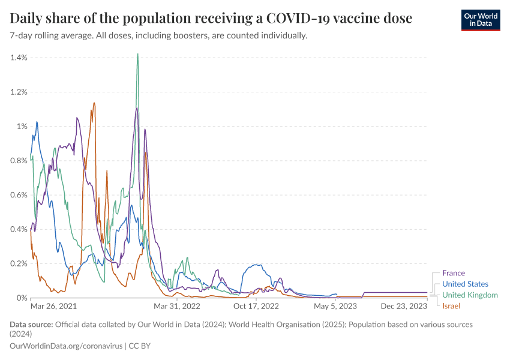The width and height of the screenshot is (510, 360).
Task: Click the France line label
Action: click(x=454, y=273)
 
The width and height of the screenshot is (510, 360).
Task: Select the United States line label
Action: click(x=465, y=284)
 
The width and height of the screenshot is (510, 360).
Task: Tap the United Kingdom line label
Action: click(x=470, y=295)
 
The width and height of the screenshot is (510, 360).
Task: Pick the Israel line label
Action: click(x=451, y=307)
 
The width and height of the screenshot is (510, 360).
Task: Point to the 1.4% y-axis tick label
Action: click(x=19, y=58)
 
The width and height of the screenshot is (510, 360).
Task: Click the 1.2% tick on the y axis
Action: click(x=19, y=92)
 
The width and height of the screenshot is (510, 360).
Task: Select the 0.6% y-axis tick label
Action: click(x=19, y=195)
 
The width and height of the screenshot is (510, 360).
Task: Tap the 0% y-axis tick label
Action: click(x=22, y=298)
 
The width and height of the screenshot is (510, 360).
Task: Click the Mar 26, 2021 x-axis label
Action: click(x=53, y=306)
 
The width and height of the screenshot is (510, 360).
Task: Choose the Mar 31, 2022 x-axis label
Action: click(x=177, y=306)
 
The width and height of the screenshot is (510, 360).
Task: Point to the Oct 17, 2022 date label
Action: click(x=256, y=306)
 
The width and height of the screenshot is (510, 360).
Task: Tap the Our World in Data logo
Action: click(x=480, y=19)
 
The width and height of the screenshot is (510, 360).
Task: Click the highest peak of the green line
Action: click(x=138, y=54)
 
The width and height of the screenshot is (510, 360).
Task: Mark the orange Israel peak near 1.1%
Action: click(x=94, y=103)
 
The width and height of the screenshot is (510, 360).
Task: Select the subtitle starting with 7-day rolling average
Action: click(x=159, y=35)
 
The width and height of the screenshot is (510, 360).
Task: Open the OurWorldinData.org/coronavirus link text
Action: click(x=66, y=346)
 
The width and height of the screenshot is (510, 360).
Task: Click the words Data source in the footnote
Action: click(x=31, y=325)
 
